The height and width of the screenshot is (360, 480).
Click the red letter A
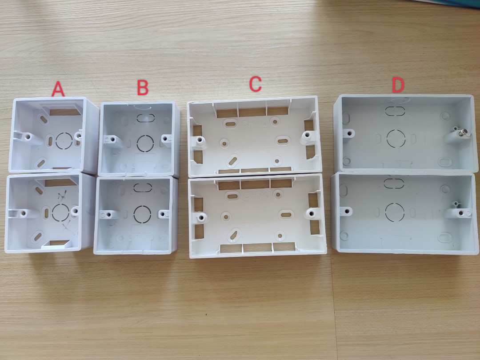click(x=58, y=89)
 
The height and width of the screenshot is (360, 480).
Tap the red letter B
click(x=142, y=88)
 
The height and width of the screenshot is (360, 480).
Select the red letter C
click(x=255, y=84)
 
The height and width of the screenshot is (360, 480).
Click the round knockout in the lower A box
click(x=60, y=212)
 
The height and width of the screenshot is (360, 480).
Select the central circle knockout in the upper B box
click(x=145, y=143)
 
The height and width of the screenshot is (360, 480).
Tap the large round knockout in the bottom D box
click(x=393, y=211)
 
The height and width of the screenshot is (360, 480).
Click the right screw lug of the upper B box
click(x=167, y=139)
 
